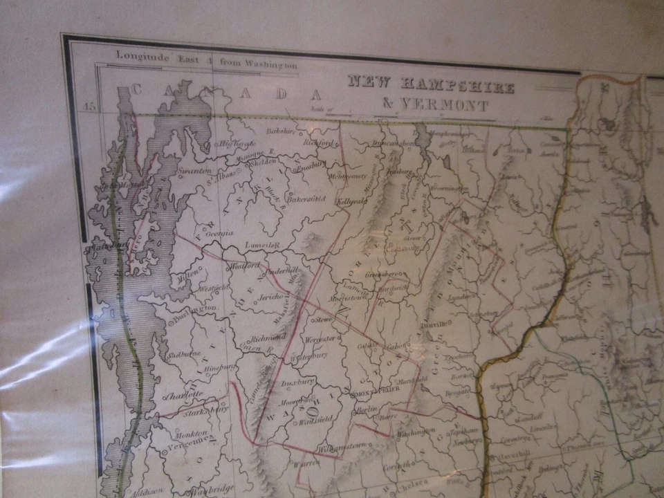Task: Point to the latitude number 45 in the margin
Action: (89, 106)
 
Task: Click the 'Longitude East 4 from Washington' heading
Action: (207, 59)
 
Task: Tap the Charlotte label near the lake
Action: (183, 395)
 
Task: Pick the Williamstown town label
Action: (338, 449)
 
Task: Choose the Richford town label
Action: (319, 142)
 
